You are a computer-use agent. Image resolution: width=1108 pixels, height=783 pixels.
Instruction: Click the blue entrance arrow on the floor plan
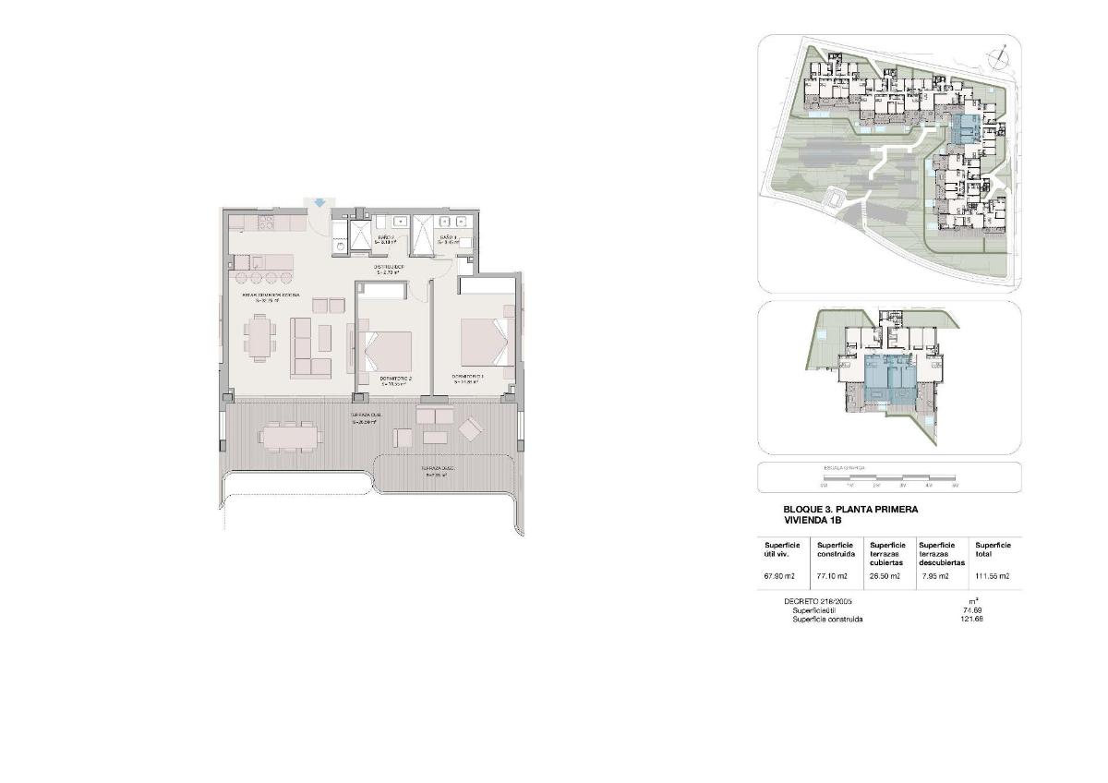pyautogui.click(x=319, y=202)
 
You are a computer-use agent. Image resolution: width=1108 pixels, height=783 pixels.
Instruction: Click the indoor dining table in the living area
pyautogui.click(x=261, y=335)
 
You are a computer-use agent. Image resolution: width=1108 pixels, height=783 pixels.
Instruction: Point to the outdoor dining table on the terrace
pyautogui.click(x=290, y=435)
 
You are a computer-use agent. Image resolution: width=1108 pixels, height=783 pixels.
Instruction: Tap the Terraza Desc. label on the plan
pyautogui.click(x=438, y=468)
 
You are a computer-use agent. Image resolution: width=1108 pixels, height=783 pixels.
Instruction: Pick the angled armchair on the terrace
pyautogui.click(x=470, y=428)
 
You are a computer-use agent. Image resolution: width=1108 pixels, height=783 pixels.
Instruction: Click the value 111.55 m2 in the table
pyautogui.click(x=992, y=576)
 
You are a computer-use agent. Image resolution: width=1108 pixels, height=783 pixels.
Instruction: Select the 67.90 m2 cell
pyautogui.click(x=779, y=576)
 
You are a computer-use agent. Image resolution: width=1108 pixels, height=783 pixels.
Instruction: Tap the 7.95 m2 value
pyautogui.click(x=935, y=576)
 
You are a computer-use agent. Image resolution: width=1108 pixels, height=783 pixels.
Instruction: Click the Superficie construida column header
pyautogui.click(x=836, y=549)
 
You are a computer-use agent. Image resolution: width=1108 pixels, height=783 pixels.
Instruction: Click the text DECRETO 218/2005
pyautogui.click(x=817, y=601)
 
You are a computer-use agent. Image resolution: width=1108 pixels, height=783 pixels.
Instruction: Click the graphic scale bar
pyautogui.click(x=889, y=477)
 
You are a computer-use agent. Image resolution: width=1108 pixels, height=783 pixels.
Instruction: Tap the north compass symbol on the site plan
pyautogui.click(x=995, y=57)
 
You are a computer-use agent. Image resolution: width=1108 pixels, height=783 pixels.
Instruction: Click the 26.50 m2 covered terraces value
pyautogui.click(x=885, y=576)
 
